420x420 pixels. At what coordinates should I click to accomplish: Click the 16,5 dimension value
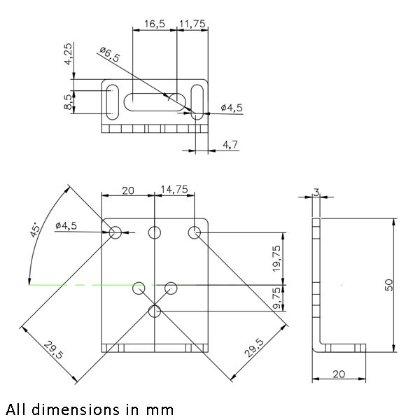(x=154, y=23)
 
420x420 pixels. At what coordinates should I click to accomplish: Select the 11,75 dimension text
(x=192, y=23)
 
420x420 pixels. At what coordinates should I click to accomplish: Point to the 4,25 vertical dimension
(x=67, y=54)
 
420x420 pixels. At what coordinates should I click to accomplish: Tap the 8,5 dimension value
(x=67, y=102)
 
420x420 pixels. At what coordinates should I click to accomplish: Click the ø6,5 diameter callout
(x=109, y=55)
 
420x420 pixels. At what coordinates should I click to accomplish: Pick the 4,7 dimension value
(x=230, y=144)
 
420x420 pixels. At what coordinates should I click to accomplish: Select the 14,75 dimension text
(x=174, y=189)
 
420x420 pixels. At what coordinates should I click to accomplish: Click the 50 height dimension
(x=389, y=284)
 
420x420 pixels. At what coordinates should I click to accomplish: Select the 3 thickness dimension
(x=316, y=191)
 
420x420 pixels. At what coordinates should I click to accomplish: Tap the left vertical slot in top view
(x=111, y=101)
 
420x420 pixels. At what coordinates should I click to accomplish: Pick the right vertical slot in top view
(x=198, y=101)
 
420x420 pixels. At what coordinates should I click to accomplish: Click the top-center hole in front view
(x=155, y=232)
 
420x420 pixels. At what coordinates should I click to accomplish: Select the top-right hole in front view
(x=195, y=232)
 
